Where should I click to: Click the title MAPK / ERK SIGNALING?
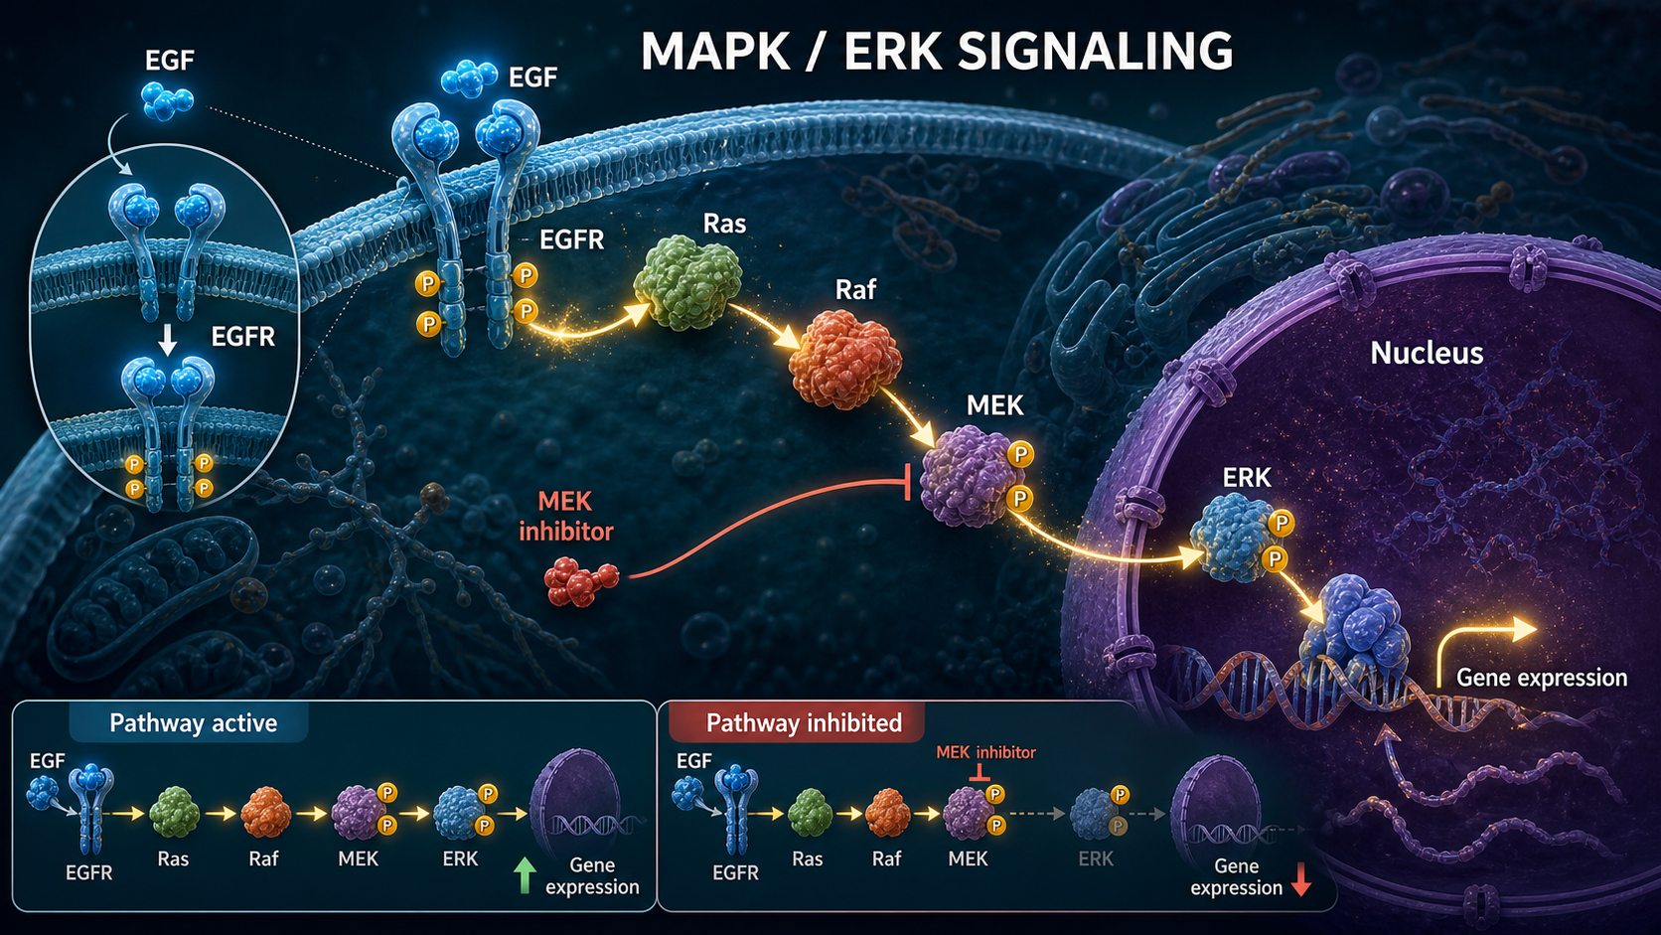tap(937, 51)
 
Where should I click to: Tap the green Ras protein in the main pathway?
tap(688, 282)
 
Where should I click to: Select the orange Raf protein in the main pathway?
tap(845, 360)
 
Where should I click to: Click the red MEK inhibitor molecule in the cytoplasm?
tap(580, 581)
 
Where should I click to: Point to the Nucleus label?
tap(1427, 353)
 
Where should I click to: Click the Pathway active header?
tap(193, 723)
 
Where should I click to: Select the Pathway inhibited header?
tap(804, 723)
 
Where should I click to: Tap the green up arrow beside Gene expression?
tap(525, 875)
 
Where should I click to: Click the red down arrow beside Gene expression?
tap(1301, 878)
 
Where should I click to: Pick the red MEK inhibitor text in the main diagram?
tap(566, 517)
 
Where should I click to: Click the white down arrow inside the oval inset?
tap(168, 340)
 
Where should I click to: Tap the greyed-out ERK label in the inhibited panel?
tap(1095, 858)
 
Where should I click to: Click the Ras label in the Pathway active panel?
tap(173, 858)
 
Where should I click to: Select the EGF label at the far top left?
tap(169, 60)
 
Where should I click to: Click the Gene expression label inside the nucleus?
tap(1542, 678)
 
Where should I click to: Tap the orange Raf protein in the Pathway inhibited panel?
tap(887, 813)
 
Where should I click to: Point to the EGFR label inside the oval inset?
tap(242, 337)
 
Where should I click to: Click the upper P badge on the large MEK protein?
tap(1020, 454)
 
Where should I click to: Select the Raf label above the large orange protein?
tap(855, 290)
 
